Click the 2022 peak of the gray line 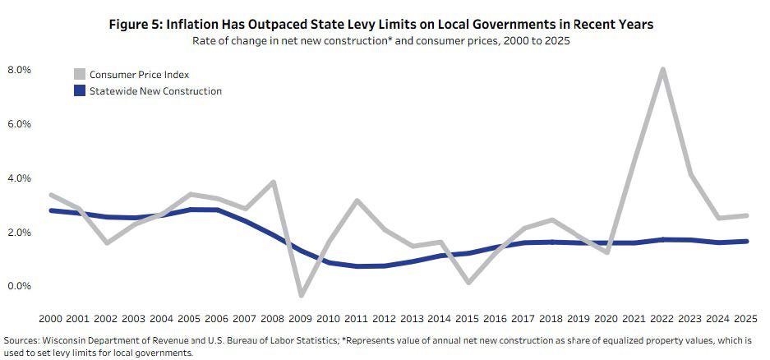(662, 69)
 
